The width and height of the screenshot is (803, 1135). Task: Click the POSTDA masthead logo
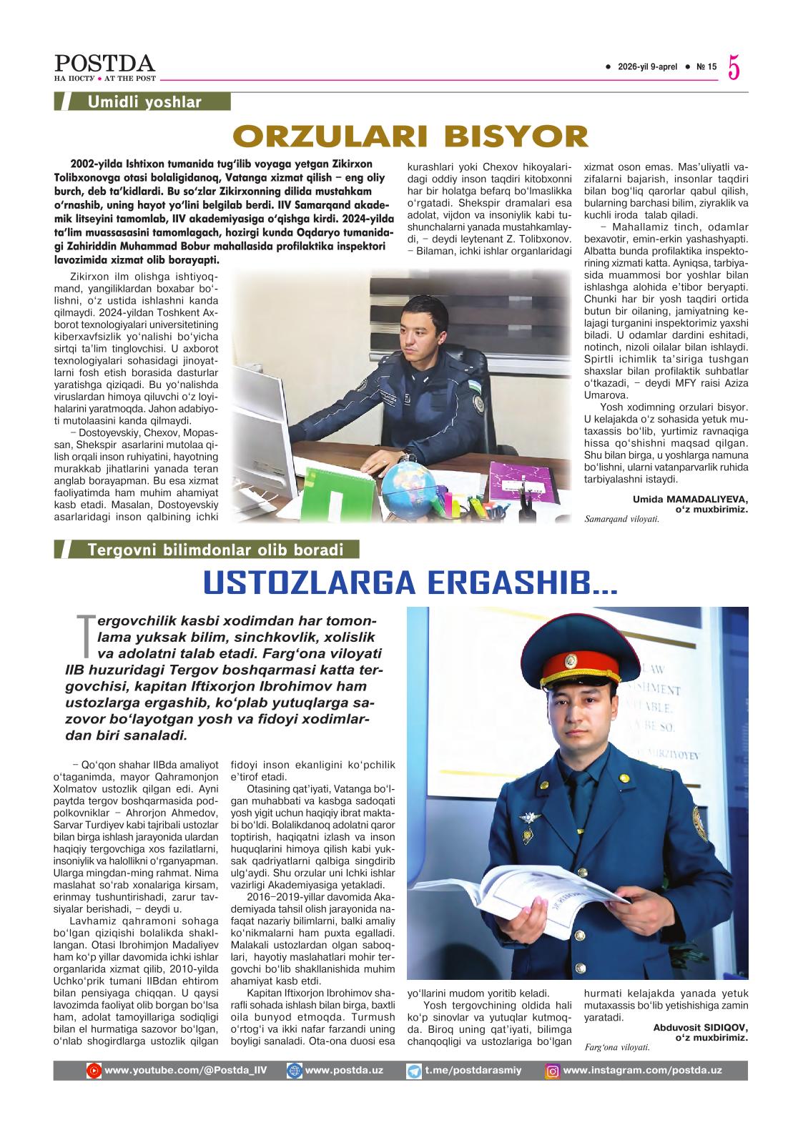click(x=105, y=64)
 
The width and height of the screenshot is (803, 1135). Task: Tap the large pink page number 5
click(x=735, y=68)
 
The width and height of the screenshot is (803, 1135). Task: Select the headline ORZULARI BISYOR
click(x=410, y=136)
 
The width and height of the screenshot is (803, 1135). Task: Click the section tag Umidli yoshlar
click(x=144, y=102)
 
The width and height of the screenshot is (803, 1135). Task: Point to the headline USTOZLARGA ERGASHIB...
click(x=410, y=583)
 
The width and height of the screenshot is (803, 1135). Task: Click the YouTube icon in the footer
click(x=94, y=1071)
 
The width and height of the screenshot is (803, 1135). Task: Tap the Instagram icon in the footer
click(x=552, y=1071)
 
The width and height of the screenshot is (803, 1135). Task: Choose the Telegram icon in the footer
click(x=414, y=1071)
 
